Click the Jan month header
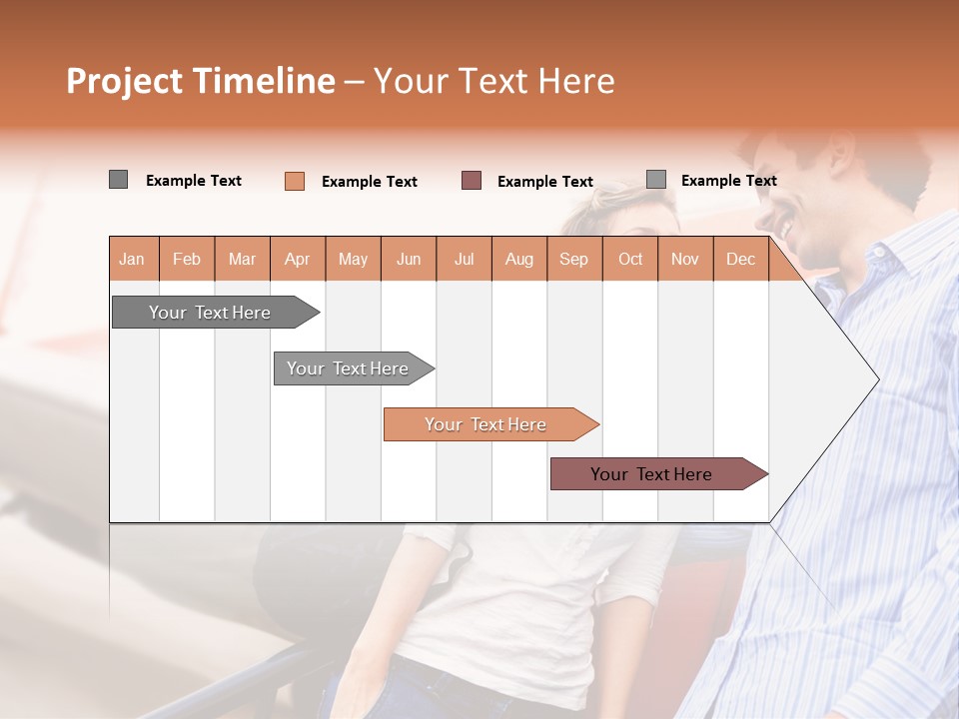tap(132, 259)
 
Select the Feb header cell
tap(187, 259)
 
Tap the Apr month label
tap(297, 259)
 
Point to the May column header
tap(353, 259)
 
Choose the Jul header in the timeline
tap(464, 259)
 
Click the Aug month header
tap(518, 259)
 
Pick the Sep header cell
tap(573, 259)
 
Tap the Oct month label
tap(630, 259)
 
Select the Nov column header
tap(685, 259)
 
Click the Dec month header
tap(740, 259)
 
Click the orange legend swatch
tap(295, 181)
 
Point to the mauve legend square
tap(472, 181)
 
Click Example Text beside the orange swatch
tap(370, 182)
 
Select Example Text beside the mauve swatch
tap(545, 182)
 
